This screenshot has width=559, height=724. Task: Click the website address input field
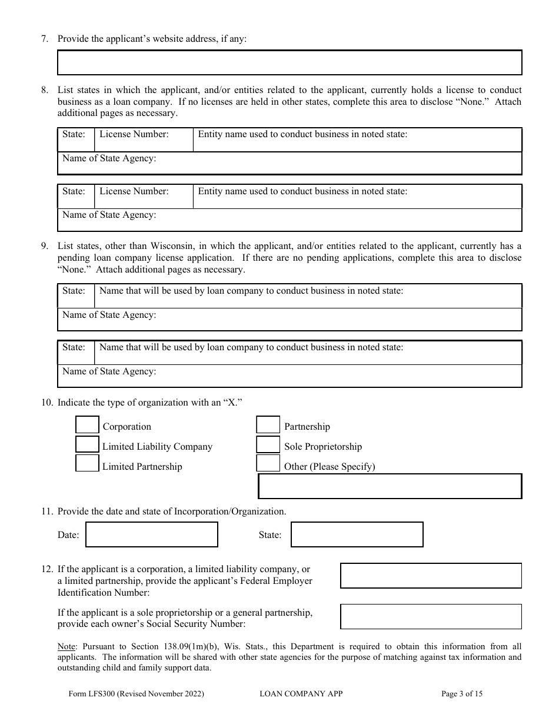pos(290,62)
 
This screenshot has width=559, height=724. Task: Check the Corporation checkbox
pos(88,425)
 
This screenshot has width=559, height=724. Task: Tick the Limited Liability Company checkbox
pos(88,444)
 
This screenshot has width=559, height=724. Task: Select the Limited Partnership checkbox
pos(88,464)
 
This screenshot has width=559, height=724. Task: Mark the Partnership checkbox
pos(268,425)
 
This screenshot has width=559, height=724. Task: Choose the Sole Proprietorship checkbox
pos(268,444)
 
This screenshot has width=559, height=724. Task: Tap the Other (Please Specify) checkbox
pos(268,464)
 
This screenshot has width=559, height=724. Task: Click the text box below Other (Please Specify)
pos(390,487)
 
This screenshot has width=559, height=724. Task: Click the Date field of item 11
pos(152,534)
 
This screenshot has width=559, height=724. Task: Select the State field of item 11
pos(357,534)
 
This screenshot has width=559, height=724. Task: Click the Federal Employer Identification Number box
pos(431,576)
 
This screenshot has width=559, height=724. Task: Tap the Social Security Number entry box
pos(431,616)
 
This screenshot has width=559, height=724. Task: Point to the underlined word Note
pos(66,646)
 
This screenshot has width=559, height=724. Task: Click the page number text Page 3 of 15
pos(462,694)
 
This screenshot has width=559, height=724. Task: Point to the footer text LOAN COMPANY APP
pos(301,694)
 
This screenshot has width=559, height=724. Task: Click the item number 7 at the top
pos(44,39)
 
